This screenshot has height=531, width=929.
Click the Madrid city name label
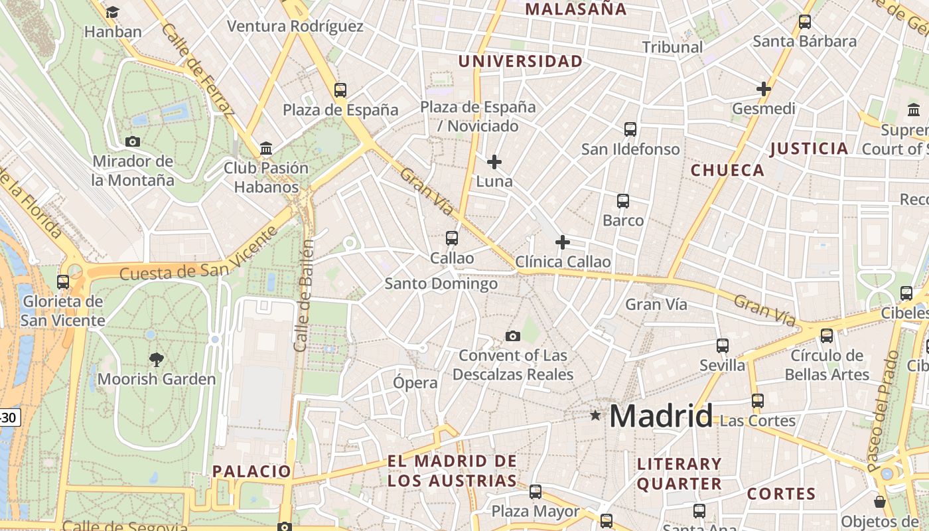point(661,416)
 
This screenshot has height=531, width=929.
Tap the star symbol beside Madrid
point(595,416)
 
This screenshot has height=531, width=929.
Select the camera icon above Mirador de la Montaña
point(132,141)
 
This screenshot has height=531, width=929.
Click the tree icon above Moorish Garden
point(157,360)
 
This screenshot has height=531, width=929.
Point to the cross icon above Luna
point(494,161)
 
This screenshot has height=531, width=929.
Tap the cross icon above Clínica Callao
point(563,242)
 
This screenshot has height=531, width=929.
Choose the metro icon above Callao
point(452,238)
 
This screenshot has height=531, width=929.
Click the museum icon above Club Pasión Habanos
point(266,147)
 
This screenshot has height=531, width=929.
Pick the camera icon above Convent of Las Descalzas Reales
point(512,336)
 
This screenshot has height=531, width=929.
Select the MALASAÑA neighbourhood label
point(575,9)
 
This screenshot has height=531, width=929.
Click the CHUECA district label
point(727,170)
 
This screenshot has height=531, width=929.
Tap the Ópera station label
point(415,382)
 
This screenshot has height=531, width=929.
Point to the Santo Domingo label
point(441,284)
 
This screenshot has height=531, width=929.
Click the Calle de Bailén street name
point(304,296)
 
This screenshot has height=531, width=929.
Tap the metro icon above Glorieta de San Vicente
point(63,282)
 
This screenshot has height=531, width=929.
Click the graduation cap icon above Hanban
point(112,12)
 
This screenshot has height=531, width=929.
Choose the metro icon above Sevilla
point(723,346)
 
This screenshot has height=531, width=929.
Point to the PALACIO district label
point(251,471)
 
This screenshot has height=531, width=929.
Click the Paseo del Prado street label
point(883,412)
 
